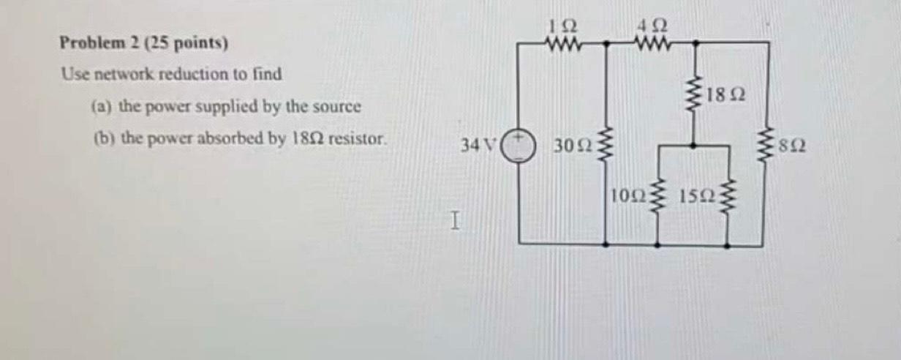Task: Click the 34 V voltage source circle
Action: point(519,143)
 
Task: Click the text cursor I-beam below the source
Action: point(455,220)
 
